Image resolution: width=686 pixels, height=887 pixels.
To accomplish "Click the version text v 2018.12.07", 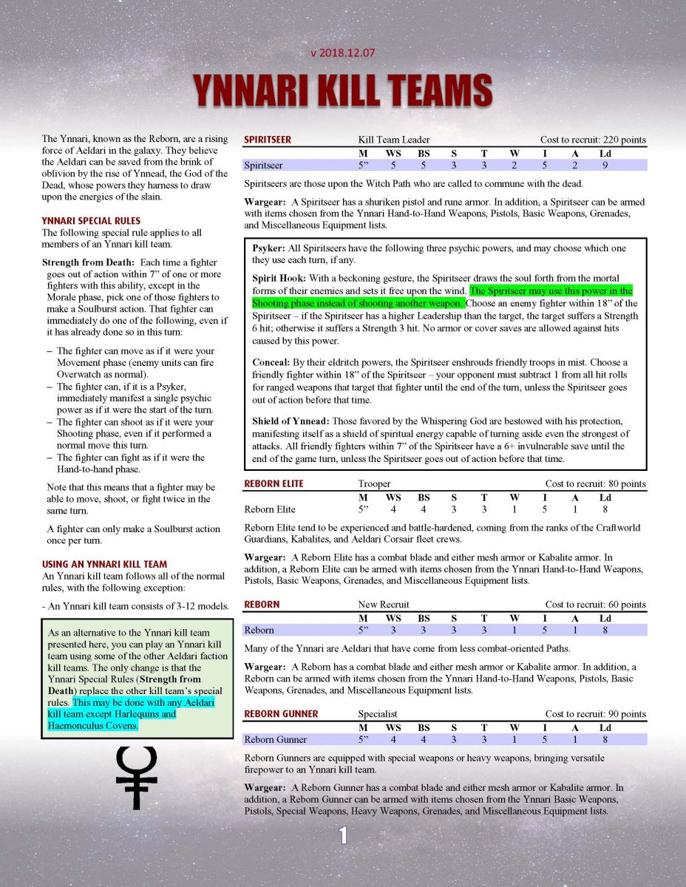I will tap(342, 52).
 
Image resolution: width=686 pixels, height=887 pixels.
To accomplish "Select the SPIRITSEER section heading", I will tap(268, 140).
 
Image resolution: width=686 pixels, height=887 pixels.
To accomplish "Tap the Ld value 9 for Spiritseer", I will tap(605, 165).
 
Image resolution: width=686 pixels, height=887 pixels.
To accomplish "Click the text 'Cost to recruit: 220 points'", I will tap(593, 140).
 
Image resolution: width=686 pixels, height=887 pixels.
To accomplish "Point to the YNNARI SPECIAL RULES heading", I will tap(91, 220).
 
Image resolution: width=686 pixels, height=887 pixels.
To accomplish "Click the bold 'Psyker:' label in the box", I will tap(269, 248).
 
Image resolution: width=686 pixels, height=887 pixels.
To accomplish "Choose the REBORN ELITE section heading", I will tap(274, 484).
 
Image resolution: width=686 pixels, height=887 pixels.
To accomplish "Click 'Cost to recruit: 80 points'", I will tap(595, 484).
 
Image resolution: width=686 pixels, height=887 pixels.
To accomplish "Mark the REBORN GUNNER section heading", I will tap(281, 714).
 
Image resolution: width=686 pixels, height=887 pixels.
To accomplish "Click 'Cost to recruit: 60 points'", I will tap(595, 605).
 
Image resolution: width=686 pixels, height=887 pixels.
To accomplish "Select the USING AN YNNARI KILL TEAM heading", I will tap(104, 564).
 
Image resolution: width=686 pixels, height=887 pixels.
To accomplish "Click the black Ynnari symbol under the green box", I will tap(137, 776).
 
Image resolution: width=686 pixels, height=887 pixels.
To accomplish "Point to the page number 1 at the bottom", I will tap(343, 835).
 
